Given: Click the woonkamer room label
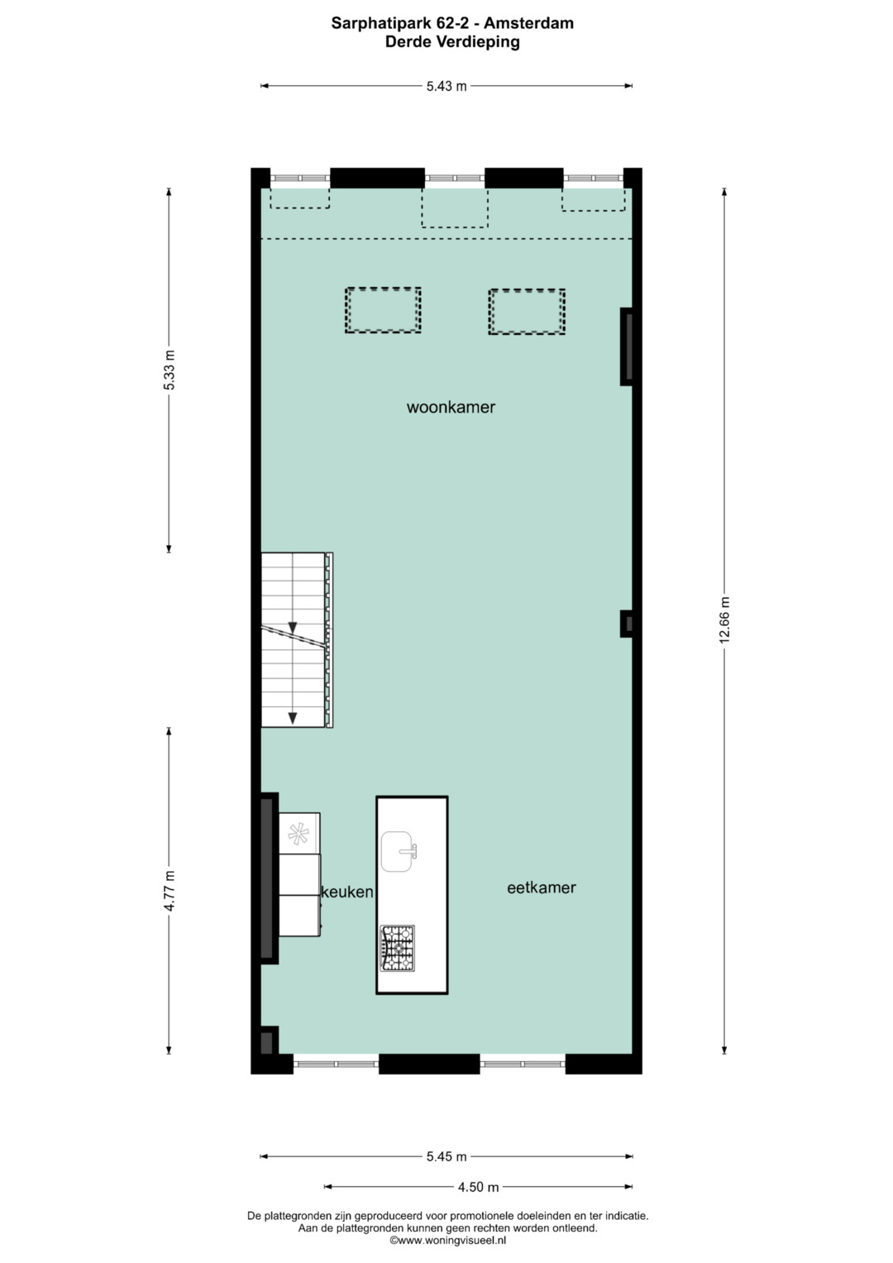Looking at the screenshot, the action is pos(451,407).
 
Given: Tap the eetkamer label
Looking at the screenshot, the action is pos(542,887).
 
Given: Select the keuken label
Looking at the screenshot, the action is pos(347,892).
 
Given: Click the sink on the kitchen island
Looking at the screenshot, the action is pos(398,851).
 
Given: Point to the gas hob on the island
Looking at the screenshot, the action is pos(397,948).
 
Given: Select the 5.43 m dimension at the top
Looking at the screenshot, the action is pos(446,86).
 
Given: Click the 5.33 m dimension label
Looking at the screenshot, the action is pos(170,370).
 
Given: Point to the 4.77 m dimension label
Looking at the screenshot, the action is pos(170,890).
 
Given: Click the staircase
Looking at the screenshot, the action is pos(297,639).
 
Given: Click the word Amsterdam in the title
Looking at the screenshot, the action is pos(529,23).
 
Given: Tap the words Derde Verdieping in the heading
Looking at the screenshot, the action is pos(452,41).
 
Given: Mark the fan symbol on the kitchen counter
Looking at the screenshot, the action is pos(298,834).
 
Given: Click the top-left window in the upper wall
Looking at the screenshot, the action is pos(300,178).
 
